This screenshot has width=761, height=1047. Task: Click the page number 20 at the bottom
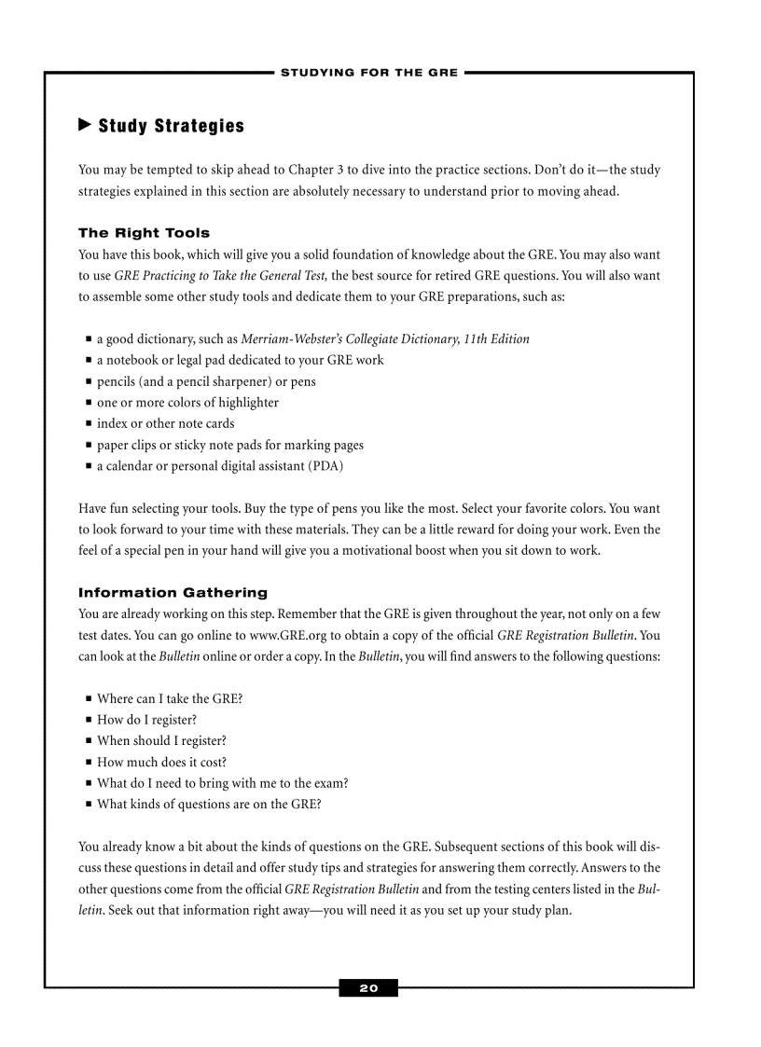pos(368,988)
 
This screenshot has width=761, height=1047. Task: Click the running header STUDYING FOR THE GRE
pos(369,73)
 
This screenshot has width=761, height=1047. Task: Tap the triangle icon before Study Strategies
pos(84,124)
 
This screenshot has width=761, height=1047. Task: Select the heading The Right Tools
pos(144,233)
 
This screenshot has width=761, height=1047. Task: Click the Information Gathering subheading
pos(173,593)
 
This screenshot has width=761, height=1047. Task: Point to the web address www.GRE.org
pos(291,636)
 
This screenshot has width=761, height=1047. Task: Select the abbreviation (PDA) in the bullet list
pos(325,466)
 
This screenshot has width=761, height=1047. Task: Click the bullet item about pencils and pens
pos(206,381)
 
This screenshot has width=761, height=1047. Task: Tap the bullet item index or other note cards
pos(165,423)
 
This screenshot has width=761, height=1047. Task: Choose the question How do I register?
pos(146,720)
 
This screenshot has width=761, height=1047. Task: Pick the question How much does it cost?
pos(161,762)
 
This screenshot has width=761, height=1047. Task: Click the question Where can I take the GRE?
pos(170,698)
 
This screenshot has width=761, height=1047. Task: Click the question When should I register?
pos(161,741)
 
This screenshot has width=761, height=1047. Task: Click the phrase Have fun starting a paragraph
pos(100,509)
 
